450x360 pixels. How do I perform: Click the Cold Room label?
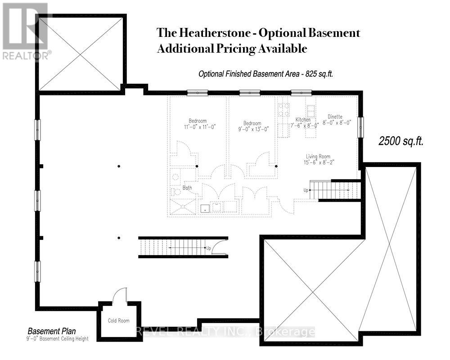pyautogui.click(x=119, y=321)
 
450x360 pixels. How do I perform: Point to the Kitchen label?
pyautogui.click(x=303, y=120)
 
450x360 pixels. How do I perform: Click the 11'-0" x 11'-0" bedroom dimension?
pyautogui.click(x=198, y=127)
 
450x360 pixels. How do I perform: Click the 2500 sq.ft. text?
pyautogui.click(x=400, y=141)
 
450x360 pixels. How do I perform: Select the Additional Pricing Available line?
pyautogui.click(x=232, y=49)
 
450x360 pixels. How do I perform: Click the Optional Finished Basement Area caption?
pyautogui.click(x=265, y=74)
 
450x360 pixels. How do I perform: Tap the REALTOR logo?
pyautogui.click(x=26, y=31)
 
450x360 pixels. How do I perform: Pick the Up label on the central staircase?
pyautogui.click(x=208, y=248)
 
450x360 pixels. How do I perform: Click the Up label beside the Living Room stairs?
pyautogui.click(x=306, y=190)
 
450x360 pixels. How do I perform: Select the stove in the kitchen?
pyautogui.click(x=285, y=109)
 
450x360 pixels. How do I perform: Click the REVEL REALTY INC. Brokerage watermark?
pyautogui.click(x=225, y=332)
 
